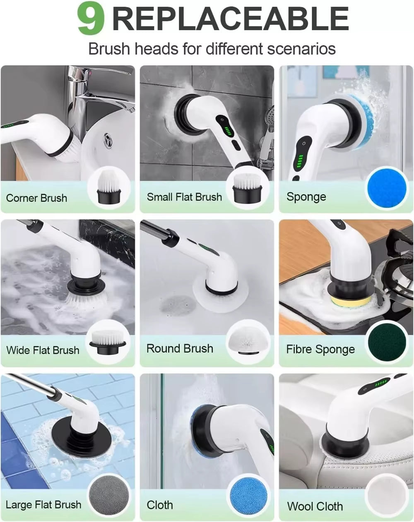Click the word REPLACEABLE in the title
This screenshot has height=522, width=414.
point(231,19)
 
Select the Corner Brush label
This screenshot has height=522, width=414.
point(36,198)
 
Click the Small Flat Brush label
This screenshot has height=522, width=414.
point(184,197)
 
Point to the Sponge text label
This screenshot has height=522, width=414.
point(306,197)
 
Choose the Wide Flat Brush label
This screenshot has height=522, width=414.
point(43,350)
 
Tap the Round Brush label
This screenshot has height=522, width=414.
point(180,348)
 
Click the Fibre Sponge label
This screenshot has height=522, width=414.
point(320,350)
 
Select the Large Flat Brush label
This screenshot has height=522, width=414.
point(43,505)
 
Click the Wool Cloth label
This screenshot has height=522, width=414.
point(315,506)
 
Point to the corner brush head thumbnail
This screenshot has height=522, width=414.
point(109,188)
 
